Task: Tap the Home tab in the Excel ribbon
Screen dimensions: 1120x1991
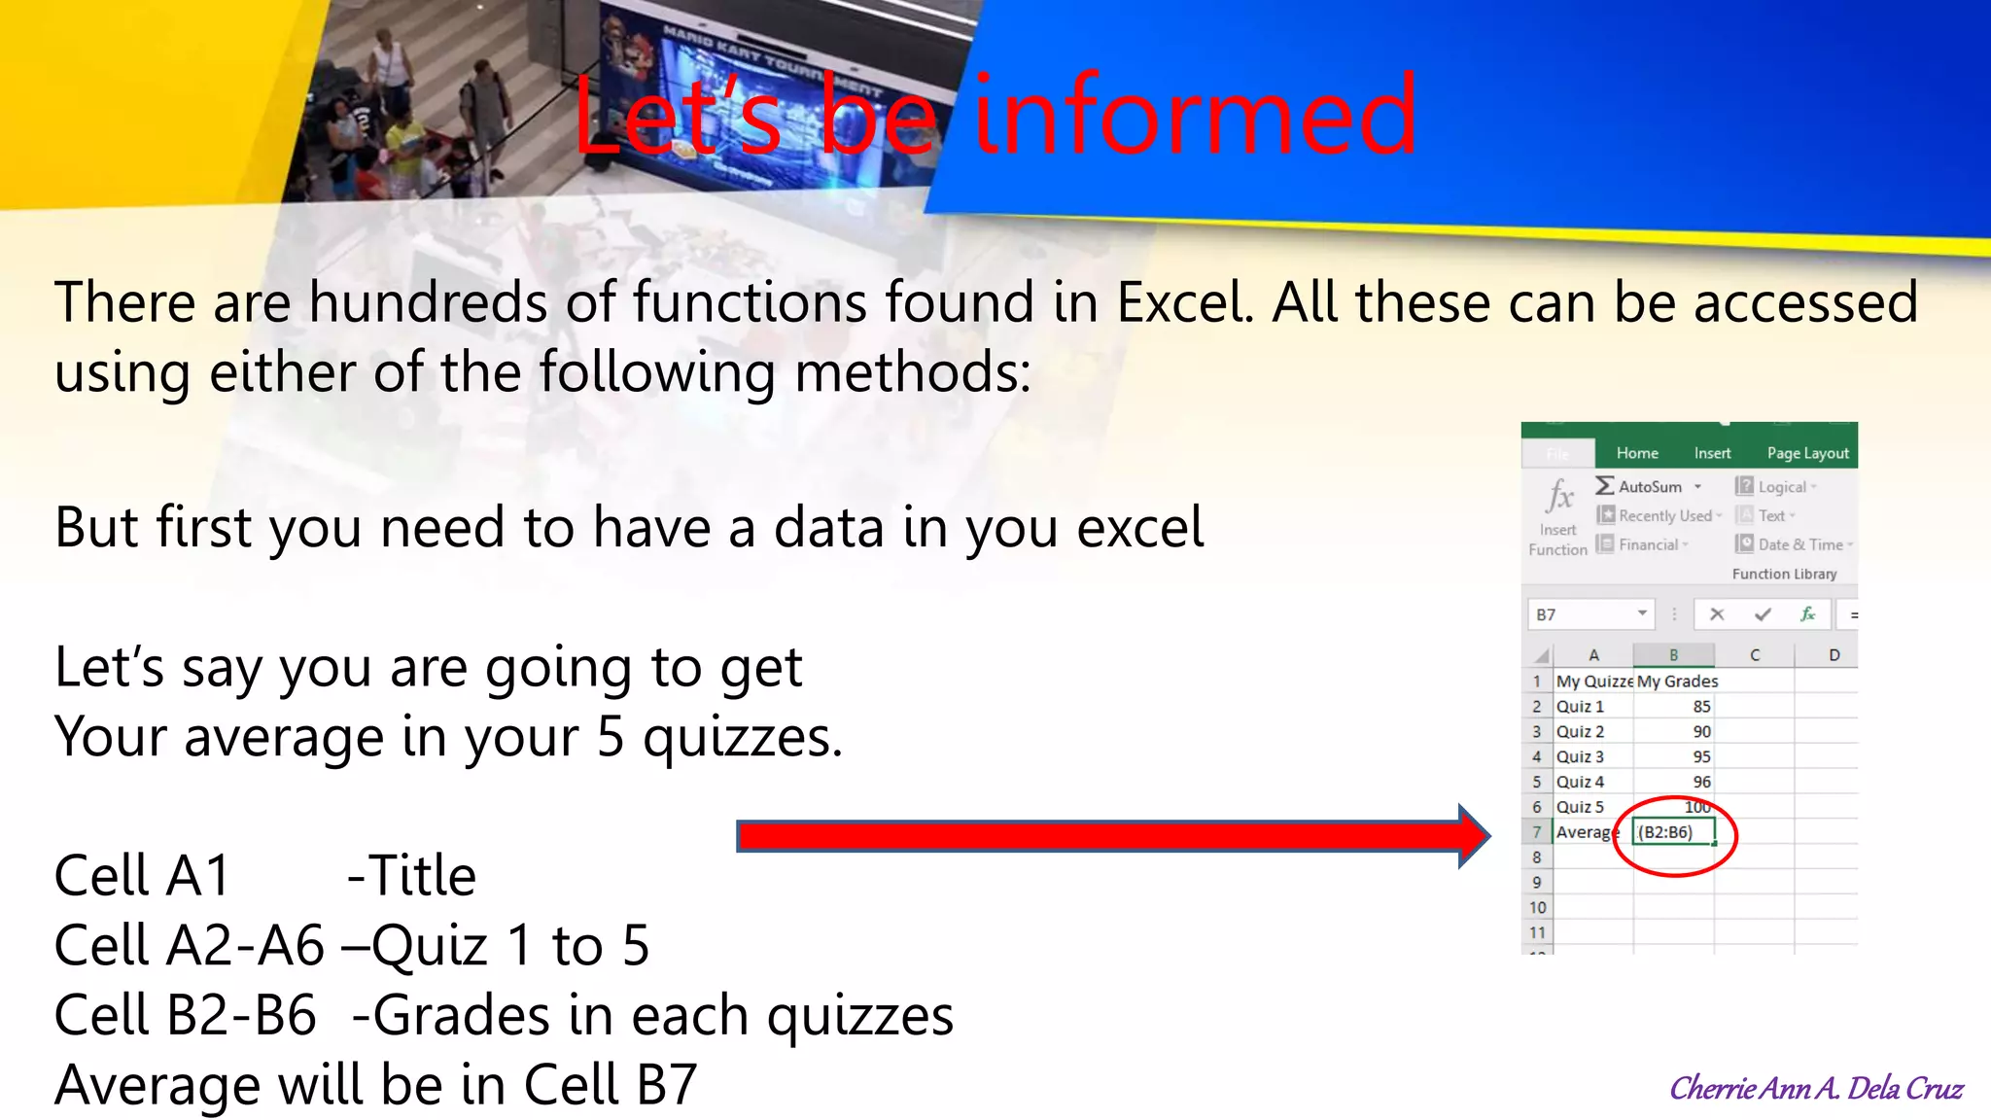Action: (1637, 453)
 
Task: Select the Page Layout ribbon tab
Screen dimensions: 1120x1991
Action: (1807, 453)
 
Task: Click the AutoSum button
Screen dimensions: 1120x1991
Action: (1649, 486)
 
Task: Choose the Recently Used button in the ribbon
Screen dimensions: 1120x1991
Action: (1663, 515)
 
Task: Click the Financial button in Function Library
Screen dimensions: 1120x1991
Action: (1647, 544)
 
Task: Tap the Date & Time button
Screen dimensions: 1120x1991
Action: (1799, 544)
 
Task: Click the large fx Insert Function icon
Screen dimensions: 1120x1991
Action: (1559, 497)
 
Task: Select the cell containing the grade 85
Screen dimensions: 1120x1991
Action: (1674, 707)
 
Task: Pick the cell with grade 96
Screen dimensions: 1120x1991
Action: (1674, 782)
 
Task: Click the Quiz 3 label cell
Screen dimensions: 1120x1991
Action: (1591, 756)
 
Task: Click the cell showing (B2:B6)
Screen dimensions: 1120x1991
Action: (1672, 832)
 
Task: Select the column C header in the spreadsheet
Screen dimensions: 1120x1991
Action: (1755, 655)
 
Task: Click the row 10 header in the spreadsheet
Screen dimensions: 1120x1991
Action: (1537, 907)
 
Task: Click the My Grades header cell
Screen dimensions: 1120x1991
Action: (1677, 682)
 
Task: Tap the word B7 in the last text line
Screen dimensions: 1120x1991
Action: (666, 1085)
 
